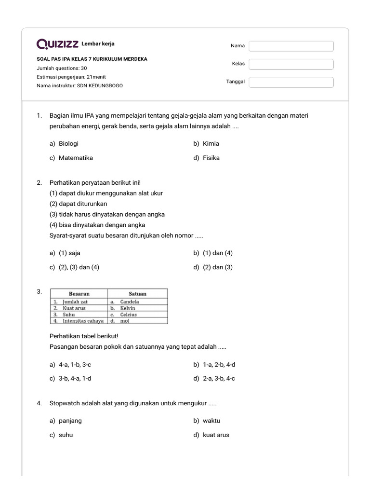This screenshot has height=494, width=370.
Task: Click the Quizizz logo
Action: [57, 44]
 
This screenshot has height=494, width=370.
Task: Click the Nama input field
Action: [291, 46]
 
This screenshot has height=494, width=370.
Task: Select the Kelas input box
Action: [291, 64]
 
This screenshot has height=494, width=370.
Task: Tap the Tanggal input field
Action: [291, 82]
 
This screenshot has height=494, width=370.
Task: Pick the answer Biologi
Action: [68, 143]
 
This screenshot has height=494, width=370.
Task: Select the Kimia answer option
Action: [211, 143]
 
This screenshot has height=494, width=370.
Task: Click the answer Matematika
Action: [76, 158]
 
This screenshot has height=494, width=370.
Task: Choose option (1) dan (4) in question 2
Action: [219, 253]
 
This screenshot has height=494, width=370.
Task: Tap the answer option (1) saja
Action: [69, 253]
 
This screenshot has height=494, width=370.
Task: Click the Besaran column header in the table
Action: [79, 293]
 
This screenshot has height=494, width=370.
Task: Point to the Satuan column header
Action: [137, 293]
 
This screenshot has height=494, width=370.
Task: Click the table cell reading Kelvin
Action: [128, 308]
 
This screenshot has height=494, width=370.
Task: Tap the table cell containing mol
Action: [125, 320]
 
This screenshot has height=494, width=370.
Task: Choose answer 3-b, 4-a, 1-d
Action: [75, 378]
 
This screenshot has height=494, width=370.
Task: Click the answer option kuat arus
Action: [216, 435]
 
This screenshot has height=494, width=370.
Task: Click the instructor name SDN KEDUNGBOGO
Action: [100, 85]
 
